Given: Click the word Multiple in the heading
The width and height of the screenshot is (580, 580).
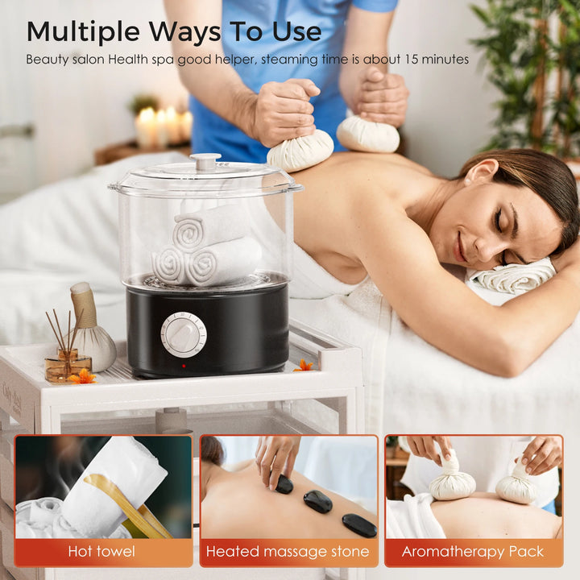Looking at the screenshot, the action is [x=83, y=32].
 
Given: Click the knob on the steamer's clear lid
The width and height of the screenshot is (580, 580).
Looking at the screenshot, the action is [x=205, y=162].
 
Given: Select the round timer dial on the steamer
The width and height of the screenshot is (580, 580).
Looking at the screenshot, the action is [x=184, y=335].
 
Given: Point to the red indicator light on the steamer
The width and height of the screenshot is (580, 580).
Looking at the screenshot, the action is [x=184, y=367].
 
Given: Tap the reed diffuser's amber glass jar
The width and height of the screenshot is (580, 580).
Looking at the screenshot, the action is [x=68, y=367].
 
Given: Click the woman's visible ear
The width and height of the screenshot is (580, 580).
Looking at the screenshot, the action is [x=475, y=173].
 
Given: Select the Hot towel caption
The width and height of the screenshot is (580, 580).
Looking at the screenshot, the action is [x=101, y=552].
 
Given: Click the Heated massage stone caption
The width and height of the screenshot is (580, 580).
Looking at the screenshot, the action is [x=288, y=552].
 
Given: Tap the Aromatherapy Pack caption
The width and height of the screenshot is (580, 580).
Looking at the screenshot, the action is [x=473, y=552].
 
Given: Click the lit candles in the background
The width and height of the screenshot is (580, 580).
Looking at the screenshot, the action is [x=163, y=126].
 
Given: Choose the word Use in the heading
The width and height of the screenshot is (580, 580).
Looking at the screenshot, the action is [x=296, y=32].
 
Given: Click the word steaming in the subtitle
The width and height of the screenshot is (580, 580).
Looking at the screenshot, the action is [x=290, y=60].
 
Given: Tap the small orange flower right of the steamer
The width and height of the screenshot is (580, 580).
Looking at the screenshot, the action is [x=304, y=366].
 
